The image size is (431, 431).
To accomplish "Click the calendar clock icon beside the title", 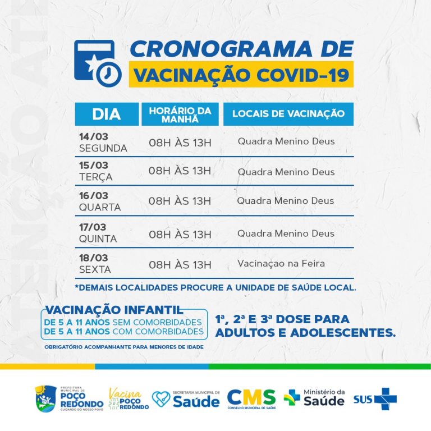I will coord(98,62).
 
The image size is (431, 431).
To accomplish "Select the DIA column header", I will coord(107,114).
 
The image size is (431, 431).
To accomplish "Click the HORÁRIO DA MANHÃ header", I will coord(180,114).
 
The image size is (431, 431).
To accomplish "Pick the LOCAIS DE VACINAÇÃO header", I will coord(288,114).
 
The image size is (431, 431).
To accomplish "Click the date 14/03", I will coord(93,136).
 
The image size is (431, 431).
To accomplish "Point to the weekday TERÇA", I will coord(96,177).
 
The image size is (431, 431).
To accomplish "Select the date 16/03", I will coord(93,195).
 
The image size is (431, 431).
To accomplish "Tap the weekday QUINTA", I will coord(98,239).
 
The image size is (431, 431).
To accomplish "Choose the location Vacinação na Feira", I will coord(281,263).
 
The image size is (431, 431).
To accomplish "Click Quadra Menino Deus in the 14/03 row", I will coord(286,141).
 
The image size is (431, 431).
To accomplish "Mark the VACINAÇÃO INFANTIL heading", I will coord(114,310).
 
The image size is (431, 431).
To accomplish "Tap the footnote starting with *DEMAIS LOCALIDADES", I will coord(215,287).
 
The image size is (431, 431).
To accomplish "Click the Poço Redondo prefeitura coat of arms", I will coord(43,397).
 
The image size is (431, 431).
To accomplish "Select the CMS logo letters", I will coord(251,397).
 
